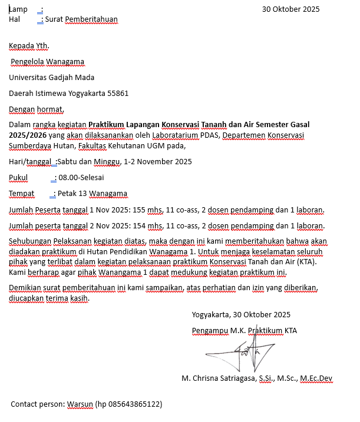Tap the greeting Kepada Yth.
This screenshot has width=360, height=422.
(29, 46)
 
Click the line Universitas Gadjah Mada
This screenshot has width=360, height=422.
(51, 77)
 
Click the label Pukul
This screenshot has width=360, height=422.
(18, 178)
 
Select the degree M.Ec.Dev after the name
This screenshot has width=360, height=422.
(316, 378)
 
